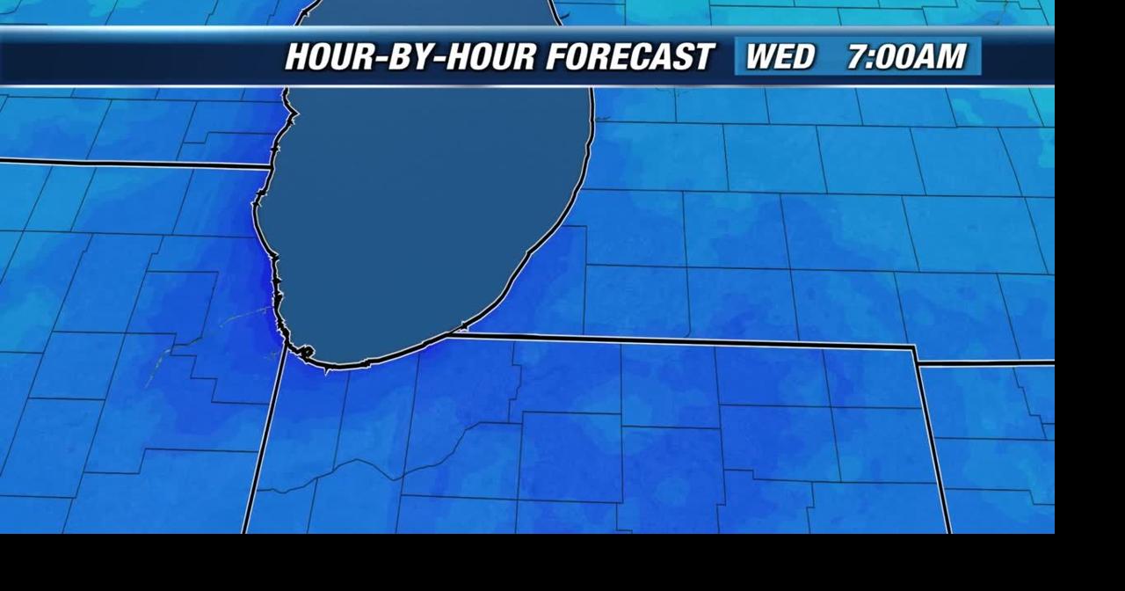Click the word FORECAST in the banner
628,56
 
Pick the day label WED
780,56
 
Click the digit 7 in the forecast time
858,56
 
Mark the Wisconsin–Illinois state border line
132,163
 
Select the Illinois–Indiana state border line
264,440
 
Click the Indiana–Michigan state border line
686,339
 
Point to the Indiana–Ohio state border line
932,440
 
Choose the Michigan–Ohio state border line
984,362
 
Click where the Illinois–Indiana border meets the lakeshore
287,350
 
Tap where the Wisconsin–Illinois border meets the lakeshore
271,166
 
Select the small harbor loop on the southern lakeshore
305,353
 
